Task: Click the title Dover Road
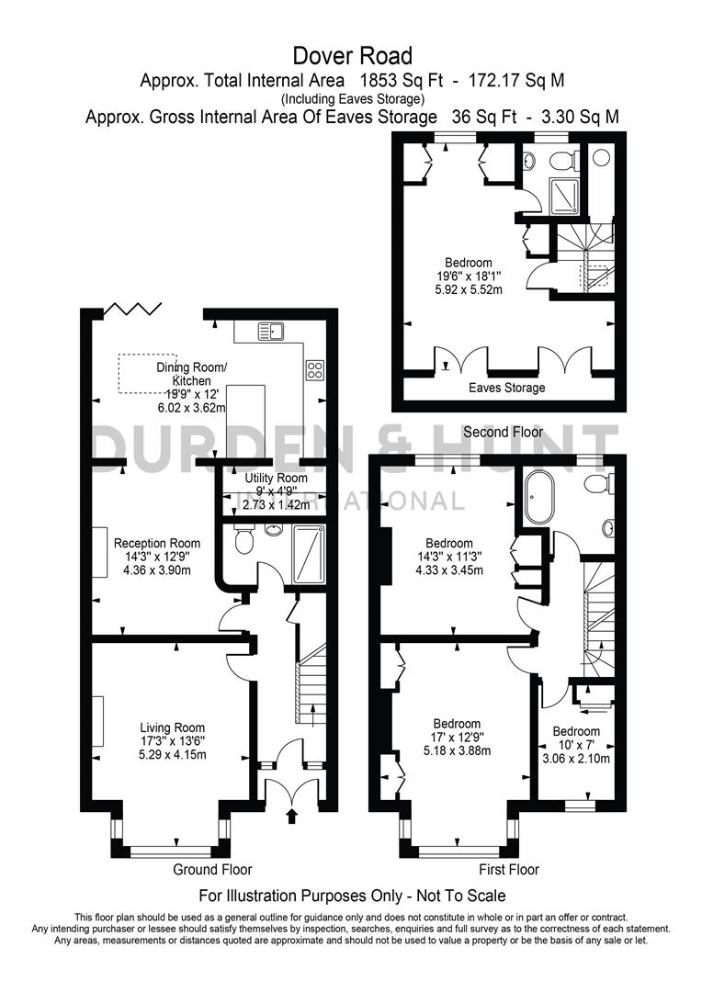[352, 57]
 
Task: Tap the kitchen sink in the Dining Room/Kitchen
[272, 331]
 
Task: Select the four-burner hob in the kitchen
[314, 370]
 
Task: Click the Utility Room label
[276, 479]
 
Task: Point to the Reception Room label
[157, 543]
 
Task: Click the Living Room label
[172, 728]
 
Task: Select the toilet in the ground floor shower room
[243, 541]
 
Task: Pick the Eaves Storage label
[508, 388]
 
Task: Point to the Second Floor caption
[503, 432]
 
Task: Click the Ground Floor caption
[212, 869]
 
